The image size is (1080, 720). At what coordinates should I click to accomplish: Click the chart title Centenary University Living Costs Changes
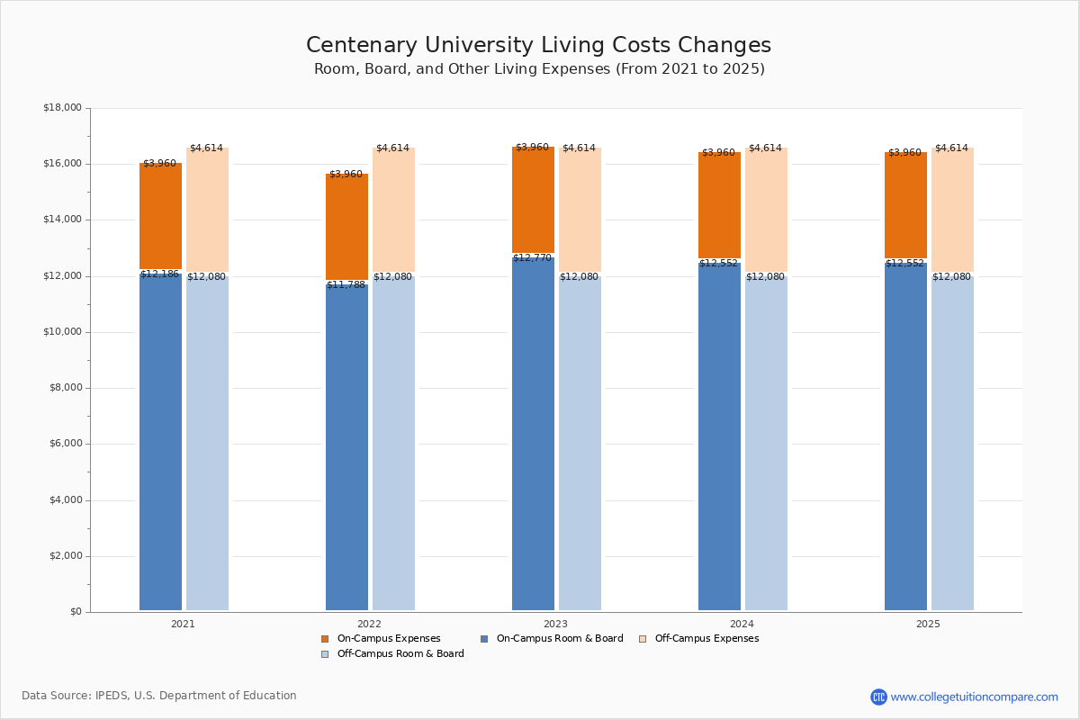tap(538, 46)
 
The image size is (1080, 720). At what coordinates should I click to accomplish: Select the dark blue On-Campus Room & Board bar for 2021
tap(160, 441)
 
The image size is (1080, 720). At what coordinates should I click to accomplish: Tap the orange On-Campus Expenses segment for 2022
tap(346, 227)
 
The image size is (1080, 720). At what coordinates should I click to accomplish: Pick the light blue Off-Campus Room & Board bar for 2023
tap(580, 441)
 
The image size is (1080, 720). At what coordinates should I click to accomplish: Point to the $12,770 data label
tap(532, 258)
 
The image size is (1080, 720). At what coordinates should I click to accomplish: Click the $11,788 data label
tap(346, 285)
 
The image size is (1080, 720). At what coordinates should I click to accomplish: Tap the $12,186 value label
tap(159, 274)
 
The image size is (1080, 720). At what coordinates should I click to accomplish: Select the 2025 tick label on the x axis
tap(928, 624)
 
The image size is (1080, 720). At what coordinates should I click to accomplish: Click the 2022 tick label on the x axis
tap(369, 624)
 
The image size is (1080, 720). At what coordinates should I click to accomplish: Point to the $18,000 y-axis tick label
tap(62, 108)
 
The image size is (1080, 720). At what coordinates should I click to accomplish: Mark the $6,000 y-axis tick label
tap(65, 444)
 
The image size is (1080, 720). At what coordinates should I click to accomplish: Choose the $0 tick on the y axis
tap(75, 612)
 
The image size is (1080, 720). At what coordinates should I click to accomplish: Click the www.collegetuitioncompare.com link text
tap(974, 697)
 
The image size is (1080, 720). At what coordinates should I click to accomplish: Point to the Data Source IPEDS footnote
tap(159, 696)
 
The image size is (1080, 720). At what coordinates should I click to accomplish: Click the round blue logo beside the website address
tap(878, 697)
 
